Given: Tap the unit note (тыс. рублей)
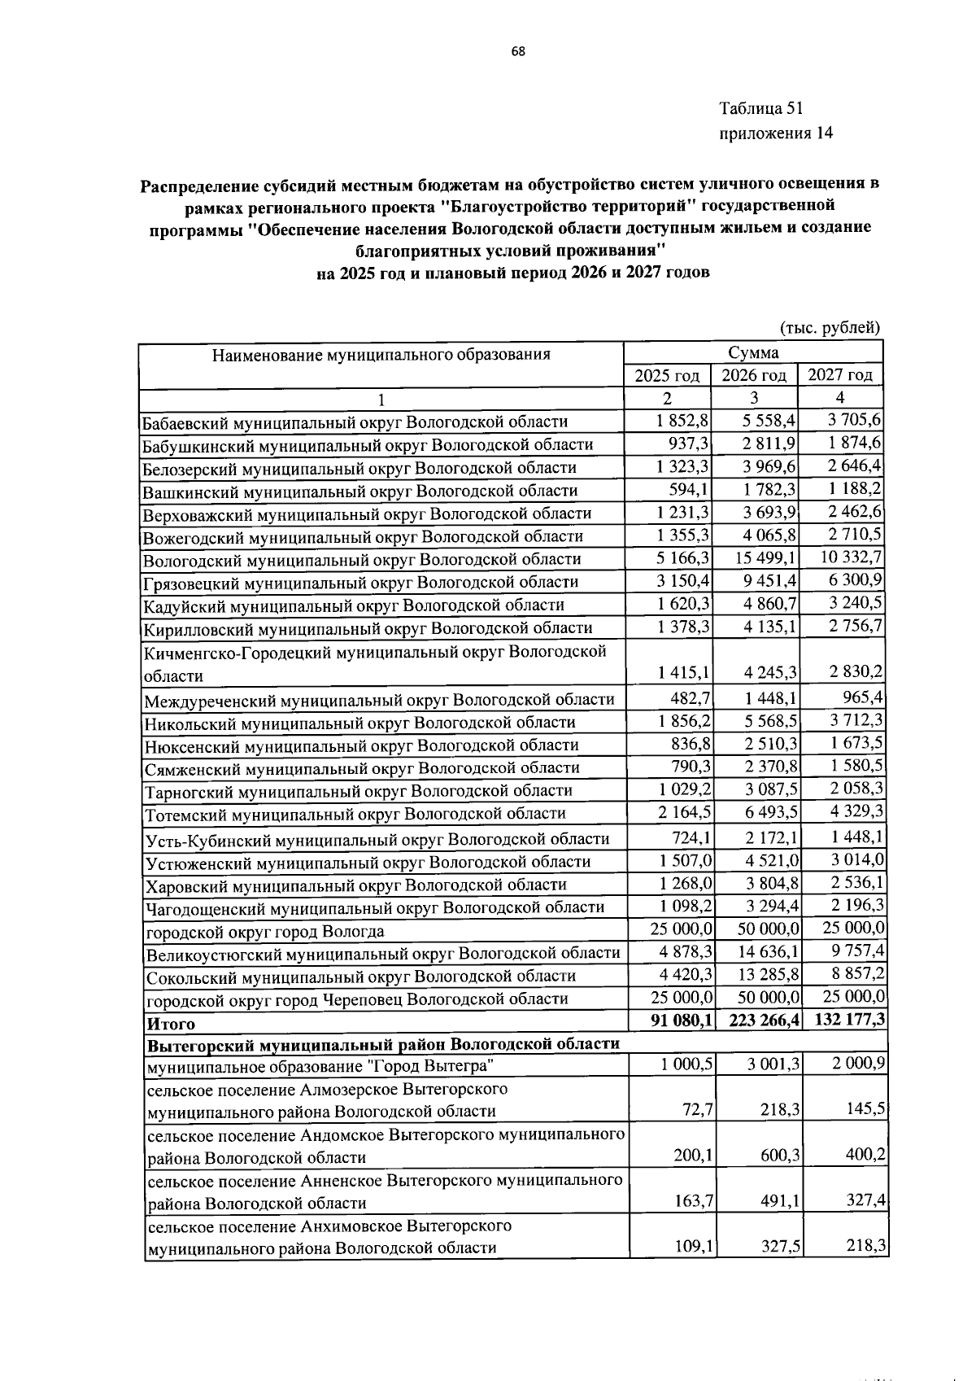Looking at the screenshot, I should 830,328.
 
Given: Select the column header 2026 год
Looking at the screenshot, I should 753,375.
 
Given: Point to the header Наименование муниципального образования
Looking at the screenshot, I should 381,354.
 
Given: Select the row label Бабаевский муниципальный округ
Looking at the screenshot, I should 355,422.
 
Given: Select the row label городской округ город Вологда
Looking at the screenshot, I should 264,932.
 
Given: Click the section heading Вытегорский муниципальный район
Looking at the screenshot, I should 382,1044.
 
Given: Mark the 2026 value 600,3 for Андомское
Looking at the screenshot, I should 778,1156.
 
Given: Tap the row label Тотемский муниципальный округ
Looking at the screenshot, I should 355,814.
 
